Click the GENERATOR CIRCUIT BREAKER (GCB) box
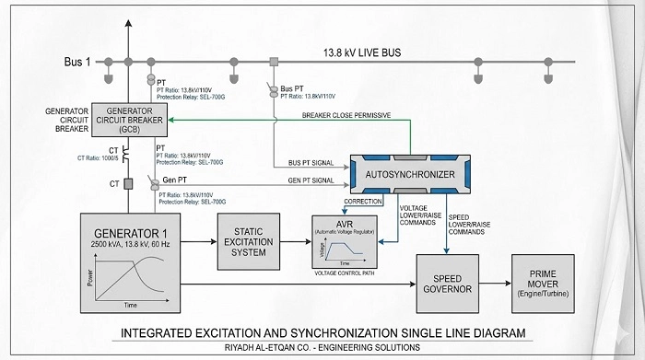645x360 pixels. point(132,120)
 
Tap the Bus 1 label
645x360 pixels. point(80,62)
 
